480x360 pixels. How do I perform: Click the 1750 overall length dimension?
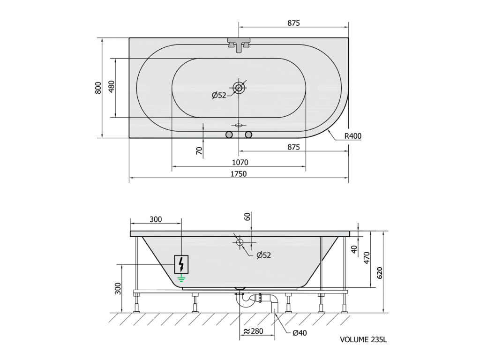(x=239, y=174)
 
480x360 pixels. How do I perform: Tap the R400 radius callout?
(x=353, y=136)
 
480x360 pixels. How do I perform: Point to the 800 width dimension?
(x=98, y=88)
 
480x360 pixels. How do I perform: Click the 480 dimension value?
(x=112, y=87)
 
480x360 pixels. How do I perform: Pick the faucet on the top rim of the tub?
(x=239, y=45)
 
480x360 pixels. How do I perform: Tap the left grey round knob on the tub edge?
(x=229, y=135)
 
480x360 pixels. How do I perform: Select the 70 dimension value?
(x=199, y=150)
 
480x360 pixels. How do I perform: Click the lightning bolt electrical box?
(x=181, y=264)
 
